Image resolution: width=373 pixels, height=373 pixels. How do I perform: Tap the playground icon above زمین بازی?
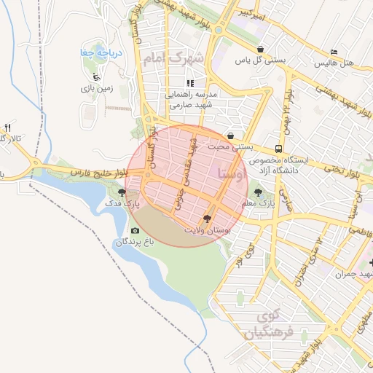tap(95, 75)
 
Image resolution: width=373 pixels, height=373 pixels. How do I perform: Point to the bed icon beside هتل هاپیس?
tap(334, 52)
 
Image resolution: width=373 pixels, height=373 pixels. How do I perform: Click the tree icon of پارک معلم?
tap(259, 193)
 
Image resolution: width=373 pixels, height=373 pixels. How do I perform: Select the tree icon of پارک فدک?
tap(121, 193)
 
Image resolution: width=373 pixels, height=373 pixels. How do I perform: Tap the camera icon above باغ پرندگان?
tap(135, 230)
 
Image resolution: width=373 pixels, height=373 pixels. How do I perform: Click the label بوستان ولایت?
tap(207, 229)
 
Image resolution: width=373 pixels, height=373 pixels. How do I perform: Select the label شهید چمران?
tap(352, 274)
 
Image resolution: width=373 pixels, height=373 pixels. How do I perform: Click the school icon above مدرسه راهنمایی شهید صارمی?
tap(190, 83)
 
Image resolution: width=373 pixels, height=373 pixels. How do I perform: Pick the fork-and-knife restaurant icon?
tap(7, 127)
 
